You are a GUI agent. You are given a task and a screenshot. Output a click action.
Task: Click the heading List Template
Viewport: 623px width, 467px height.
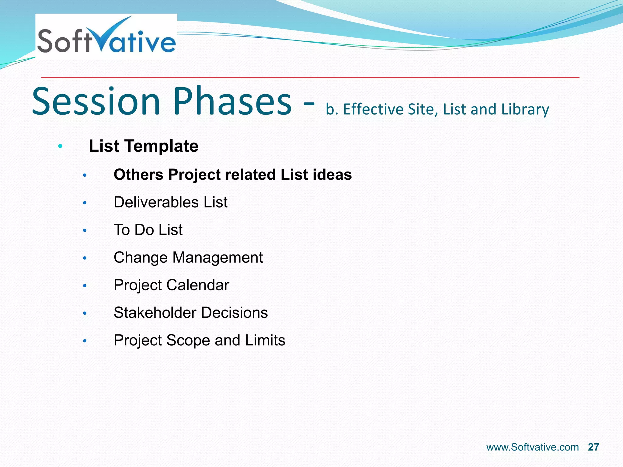click(x=144, y=146)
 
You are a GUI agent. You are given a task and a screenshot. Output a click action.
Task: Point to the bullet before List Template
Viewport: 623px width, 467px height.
click(x=60, y=147)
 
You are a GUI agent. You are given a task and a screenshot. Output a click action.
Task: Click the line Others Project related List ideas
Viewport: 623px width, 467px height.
click(x=233, y=175)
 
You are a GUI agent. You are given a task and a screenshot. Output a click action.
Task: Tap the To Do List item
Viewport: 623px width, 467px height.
click(x=148, y=230)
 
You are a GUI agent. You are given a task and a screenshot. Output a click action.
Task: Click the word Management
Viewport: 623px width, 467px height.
click(x=218, y=258)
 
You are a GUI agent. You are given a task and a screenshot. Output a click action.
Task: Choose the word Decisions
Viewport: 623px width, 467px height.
click(x=234, y=313)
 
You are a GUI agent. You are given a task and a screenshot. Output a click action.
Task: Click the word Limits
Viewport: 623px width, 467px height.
click(x=265, y=341)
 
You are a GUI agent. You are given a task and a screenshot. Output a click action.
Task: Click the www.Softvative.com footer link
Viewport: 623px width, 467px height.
click(x=532, y=447)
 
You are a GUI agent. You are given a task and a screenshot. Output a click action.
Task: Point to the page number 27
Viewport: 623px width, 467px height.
click(x=593, y=447)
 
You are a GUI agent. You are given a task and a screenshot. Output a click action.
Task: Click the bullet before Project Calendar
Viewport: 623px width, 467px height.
click(x=85, y=286)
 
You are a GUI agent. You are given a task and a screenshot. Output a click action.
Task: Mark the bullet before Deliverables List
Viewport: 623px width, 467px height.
click(x=85, y=203)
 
